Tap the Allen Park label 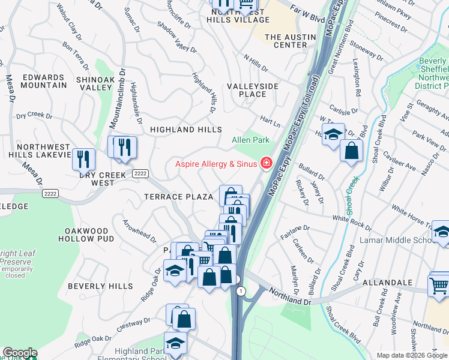[250, 140]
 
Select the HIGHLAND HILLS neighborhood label [185, 130]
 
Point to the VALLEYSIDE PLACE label [252, 90]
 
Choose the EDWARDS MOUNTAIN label [44, 81]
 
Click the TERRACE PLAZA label [178, 197]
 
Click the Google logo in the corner [19, 353]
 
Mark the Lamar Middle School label [396, 240]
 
